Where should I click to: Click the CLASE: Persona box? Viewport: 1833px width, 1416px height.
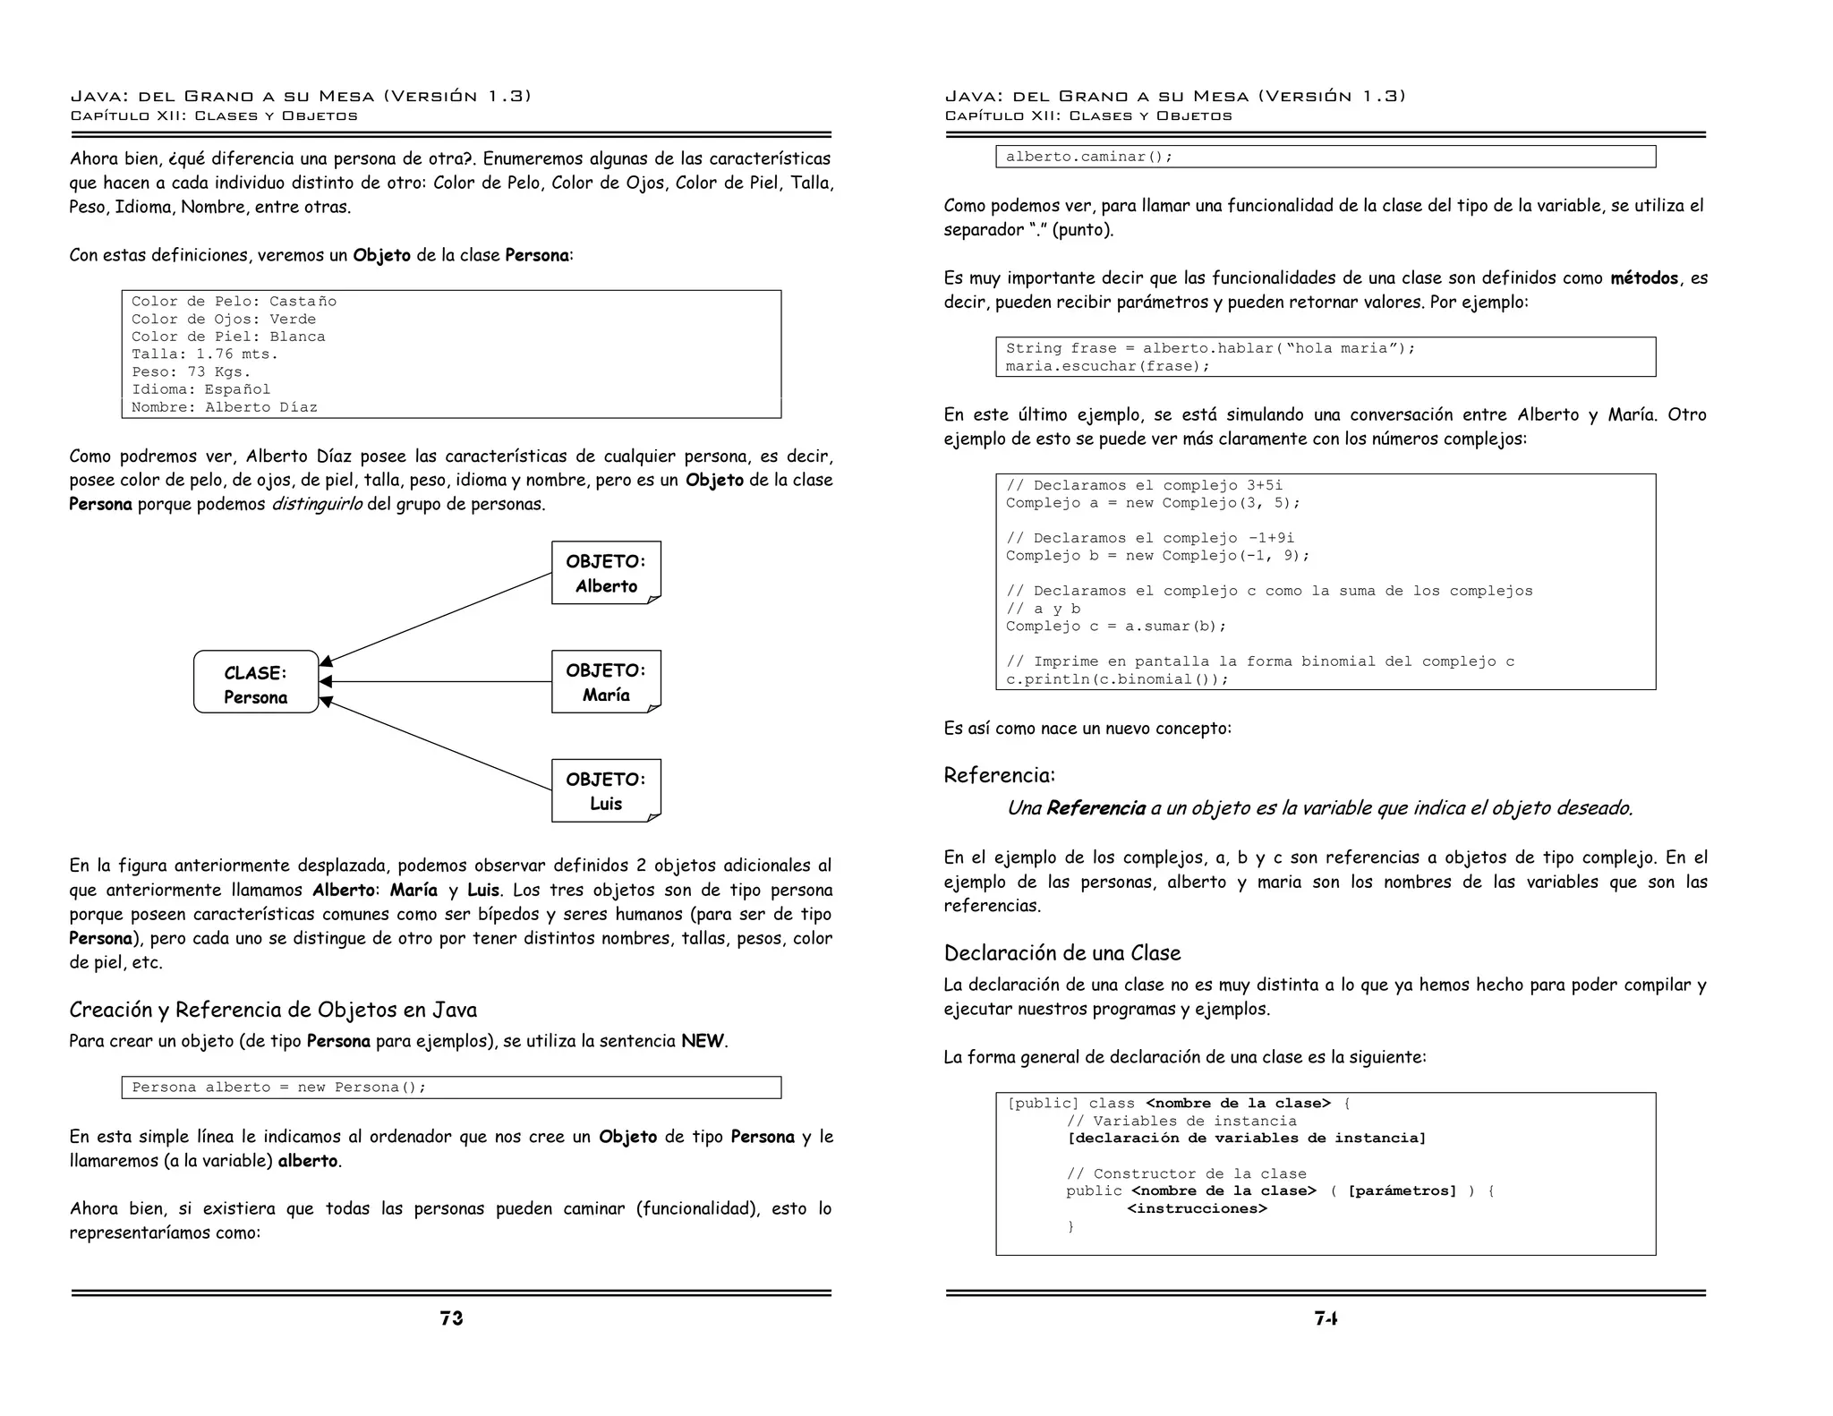256,682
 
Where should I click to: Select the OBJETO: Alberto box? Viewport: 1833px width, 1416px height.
606,573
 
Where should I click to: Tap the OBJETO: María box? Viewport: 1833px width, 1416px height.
606,682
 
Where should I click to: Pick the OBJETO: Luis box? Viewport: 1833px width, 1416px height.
606,790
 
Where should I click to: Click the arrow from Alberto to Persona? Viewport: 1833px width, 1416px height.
436,618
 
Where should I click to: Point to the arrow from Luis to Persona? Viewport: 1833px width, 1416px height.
436,745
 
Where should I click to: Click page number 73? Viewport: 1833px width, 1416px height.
451,1318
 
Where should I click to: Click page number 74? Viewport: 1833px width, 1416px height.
1326,1318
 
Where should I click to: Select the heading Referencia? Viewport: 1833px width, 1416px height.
999,775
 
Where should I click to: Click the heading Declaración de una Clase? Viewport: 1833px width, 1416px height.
1061,952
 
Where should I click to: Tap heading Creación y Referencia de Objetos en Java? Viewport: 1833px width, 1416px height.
273,1010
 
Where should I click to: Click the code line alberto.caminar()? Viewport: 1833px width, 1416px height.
1088,157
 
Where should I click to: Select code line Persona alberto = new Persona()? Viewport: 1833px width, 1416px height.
279,1088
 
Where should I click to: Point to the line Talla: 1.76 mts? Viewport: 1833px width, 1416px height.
205,354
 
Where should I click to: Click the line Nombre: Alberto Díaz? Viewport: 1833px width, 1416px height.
224,407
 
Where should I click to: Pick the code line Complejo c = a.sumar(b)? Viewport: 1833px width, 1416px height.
1115,627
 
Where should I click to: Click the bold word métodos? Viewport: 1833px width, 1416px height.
1643,278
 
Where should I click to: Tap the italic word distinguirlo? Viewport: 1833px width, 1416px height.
317,504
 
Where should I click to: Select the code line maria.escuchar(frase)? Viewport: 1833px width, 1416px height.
1107,366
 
